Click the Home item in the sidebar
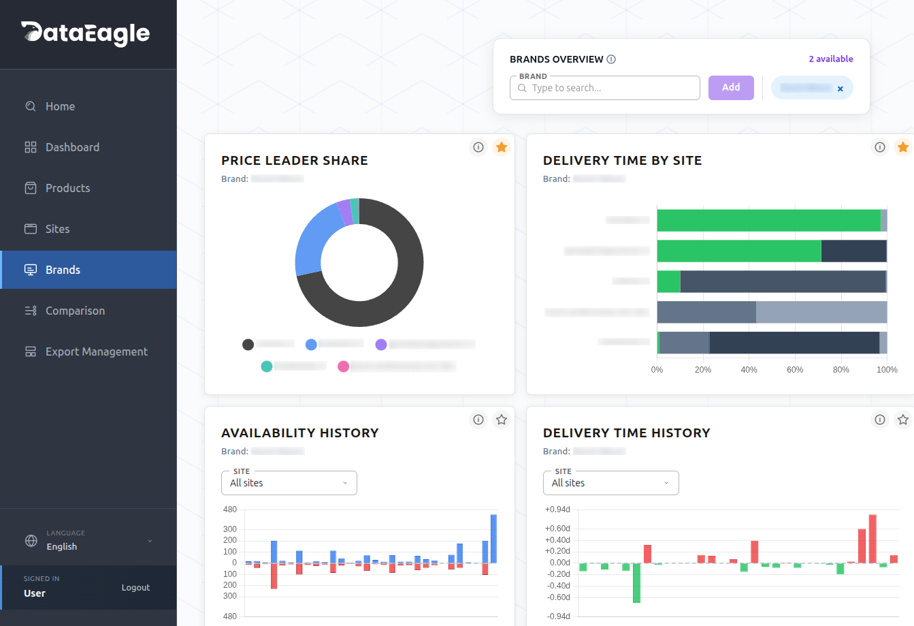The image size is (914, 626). pos(60,106)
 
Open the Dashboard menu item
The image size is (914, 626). pos(72,147)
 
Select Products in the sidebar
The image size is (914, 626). pos(67,188)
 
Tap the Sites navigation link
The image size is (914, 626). pos(57,229)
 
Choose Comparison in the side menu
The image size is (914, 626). pos(75,311)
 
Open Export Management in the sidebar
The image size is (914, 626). pos(96,351)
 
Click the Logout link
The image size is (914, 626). pos(135,587)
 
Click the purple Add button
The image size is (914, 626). pos(731,88)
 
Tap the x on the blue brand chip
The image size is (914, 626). pos(840,89)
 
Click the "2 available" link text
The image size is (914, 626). pos(830,59)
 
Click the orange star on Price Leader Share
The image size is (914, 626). pos(502,147)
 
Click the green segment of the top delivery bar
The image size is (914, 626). pos(768,221)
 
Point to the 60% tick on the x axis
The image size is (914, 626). pos(795,370)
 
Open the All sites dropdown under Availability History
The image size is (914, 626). pos(289,483)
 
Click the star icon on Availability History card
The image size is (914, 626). pos(502,420)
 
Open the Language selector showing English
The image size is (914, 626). pos(88,541)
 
